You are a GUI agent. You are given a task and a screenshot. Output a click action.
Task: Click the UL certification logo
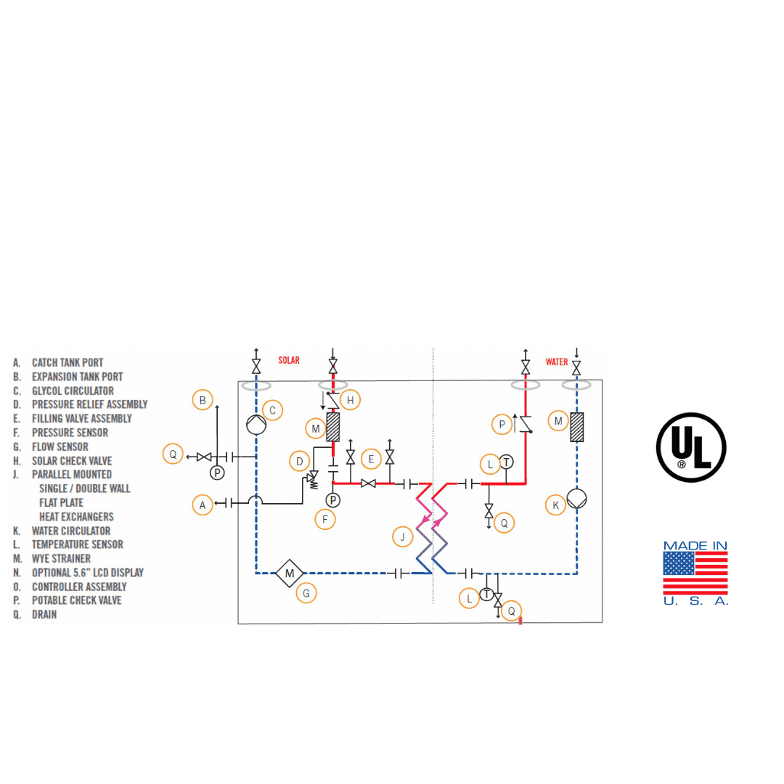(691, 446)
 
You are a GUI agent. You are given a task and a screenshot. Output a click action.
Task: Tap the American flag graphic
(695, 573)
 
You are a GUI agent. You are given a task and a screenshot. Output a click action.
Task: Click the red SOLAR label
(289, 360)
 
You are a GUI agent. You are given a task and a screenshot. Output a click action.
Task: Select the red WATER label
(557, 362)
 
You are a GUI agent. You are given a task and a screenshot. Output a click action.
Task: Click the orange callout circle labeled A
(203, 505)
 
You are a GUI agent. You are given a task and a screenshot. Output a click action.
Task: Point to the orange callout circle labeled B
(203, 399)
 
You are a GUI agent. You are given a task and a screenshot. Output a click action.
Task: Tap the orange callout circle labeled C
(272, 410)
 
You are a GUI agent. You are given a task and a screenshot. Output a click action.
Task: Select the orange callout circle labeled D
(298, 460)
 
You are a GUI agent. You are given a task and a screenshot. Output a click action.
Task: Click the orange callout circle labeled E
(371, 459)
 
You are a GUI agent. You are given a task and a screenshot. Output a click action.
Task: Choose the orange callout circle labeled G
(306, 593)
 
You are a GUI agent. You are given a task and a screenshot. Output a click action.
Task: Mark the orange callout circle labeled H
(350, 399)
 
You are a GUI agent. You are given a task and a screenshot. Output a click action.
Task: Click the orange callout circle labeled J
(401, 537)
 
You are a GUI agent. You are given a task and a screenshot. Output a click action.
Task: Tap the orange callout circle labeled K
(555, 505)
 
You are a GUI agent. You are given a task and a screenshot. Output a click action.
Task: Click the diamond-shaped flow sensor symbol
(290, 574)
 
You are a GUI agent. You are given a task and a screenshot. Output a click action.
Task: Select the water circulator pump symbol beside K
(577, 499)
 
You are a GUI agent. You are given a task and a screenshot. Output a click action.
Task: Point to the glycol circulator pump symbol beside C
(256, 424)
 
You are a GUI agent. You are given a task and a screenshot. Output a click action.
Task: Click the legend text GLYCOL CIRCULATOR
(73, 391)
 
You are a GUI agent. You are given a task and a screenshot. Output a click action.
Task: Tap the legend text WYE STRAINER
(61, 558)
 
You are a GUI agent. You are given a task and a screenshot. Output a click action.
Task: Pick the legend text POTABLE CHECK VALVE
(76, 600)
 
